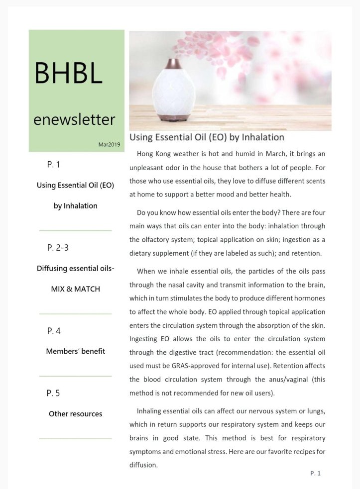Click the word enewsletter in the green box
[x=74, y=119]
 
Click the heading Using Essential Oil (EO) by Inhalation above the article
[x=206, y=137]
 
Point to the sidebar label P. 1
[x=54, y=164]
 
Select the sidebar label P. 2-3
[x=58, y=247]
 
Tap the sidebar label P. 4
[x=54, y=330]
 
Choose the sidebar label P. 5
[x=54, y=393]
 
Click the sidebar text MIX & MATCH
[x=75, y=289]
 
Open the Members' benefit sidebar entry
[x=75, y=351]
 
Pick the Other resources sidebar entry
[x=75, y=414]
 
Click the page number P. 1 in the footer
[x=315, y=473]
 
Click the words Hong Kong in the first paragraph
[x=153, y=154]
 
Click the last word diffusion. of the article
[x=143, y=465]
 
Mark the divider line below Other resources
[x=75, y=439]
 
